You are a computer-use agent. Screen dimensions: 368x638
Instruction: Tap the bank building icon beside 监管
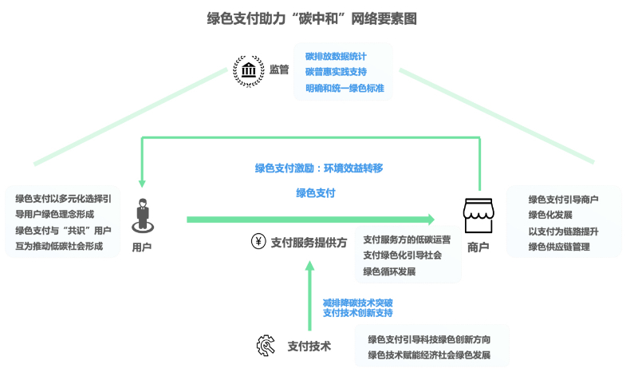[248, 69]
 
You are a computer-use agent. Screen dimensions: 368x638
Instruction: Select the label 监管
[279, 69]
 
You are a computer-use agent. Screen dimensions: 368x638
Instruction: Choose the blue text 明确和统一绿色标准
[345, 88]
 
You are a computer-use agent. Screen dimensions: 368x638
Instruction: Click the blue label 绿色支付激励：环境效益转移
[319, 168]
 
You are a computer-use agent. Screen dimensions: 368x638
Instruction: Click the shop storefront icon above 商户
[479, 216]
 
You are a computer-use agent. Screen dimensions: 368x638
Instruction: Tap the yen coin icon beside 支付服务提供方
[258, 241]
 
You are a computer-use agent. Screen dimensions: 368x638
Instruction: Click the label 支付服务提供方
[309, 242]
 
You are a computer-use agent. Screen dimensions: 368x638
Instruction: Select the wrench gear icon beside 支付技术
[266, 346]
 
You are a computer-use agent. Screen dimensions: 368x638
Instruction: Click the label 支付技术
[309, 346]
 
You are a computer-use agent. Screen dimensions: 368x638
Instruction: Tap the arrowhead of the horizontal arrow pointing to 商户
[430, 219]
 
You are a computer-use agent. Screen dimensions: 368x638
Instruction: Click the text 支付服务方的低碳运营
[407, 239]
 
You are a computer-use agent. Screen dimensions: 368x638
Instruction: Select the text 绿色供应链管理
[559, 247]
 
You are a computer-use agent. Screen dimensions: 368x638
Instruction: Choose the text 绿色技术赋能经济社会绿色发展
[429, 354]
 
